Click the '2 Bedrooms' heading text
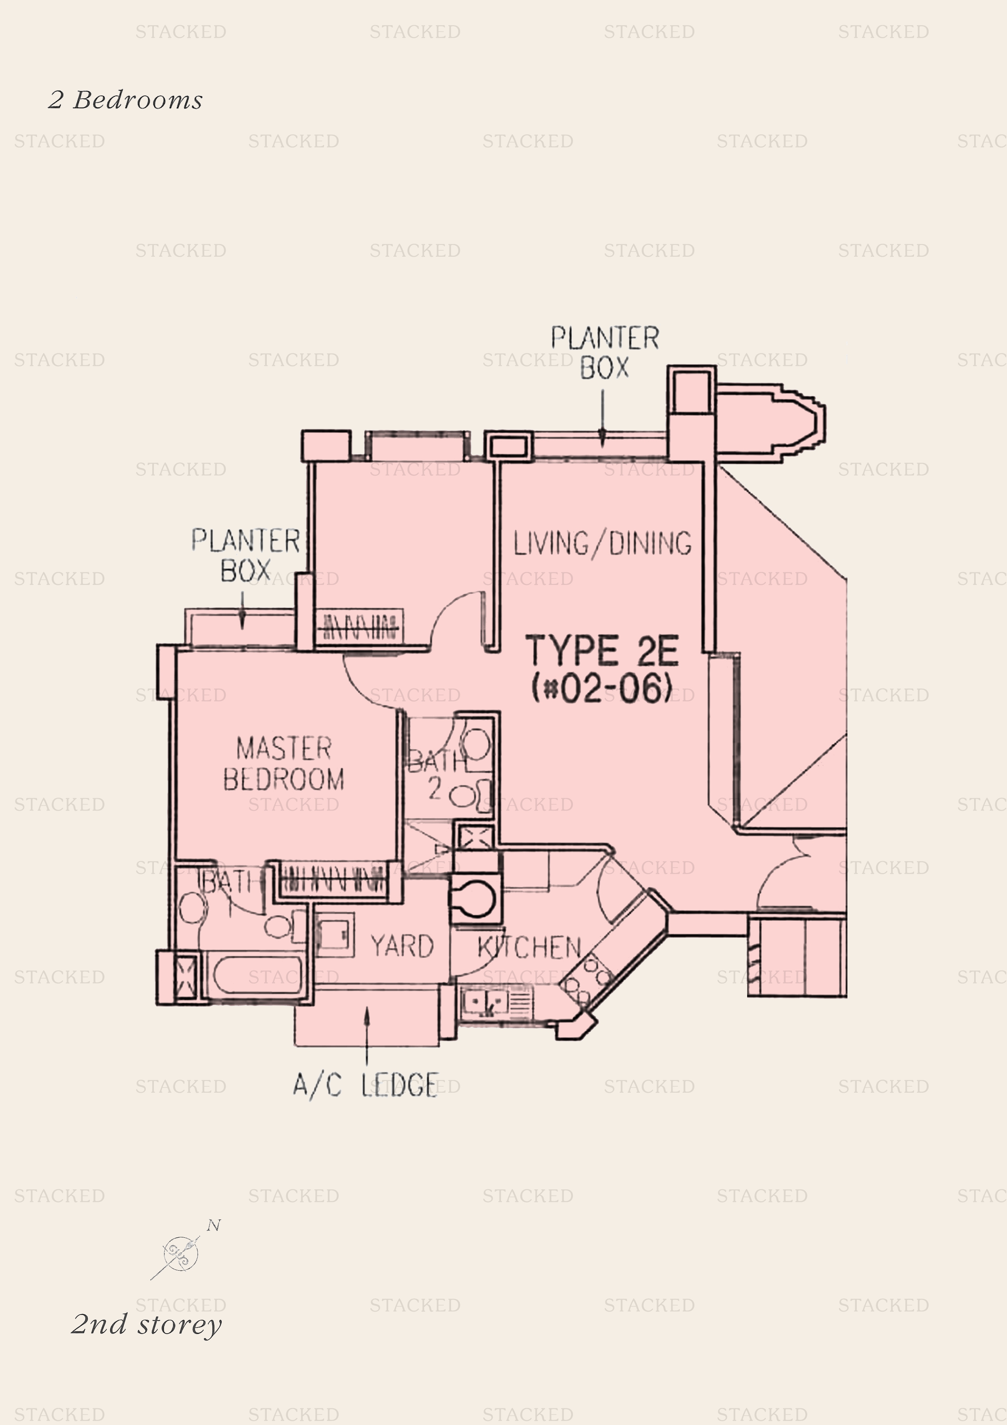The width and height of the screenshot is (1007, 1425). point(125,100)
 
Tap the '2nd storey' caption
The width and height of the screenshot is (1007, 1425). point(147,1324)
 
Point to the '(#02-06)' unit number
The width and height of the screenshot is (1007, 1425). point(602,688)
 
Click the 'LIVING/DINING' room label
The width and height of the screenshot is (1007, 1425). point(602,543)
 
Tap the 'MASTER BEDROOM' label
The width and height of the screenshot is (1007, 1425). point(283,763)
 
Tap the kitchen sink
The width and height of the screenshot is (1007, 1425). point(488,1001)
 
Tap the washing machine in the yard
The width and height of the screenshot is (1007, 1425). point(335,934)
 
